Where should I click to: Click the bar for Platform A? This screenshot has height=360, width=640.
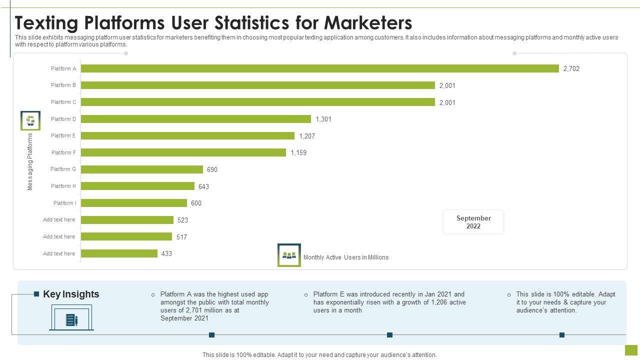[320, 68]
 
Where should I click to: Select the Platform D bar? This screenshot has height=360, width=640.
[196, 119]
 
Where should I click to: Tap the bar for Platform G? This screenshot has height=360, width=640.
[142, 169]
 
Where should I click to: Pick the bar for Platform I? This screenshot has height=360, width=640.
[134, 203]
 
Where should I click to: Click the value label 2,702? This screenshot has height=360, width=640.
[571, 69]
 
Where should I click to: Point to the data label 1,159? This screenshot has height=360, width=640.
[298, 152]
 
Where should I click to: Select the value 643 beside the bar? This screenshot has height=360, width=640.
[203, 186]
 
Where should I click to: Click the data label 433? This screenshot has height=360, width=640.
[166, 253]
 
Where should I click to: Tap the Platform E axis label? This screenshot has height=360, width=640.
[63, 135]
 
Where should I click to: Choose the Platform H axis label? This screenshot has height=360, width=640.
[63, 186]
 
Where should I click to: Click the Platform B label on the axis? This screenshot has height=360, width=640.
[63, 85]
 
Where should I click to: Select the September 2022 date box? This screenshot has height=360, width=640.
[473, 222]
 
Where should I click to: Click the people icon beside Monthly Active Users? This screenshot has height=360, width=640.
[289, 255]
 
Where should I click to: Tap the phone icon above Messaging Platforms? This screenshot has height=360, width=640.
[30, 120]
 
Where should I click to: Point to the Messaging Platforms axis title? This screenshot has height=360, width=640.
[30, 161]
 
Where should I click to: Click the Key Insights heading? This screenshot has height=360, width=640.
[71, 294]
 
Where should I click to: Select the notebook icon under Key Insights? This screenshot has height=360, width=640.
[71, 320]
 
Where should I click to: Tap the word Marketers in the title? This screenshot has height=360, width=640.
[368, 23]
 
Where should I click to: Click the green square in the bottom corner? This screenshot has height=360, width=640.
[631, 350]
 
